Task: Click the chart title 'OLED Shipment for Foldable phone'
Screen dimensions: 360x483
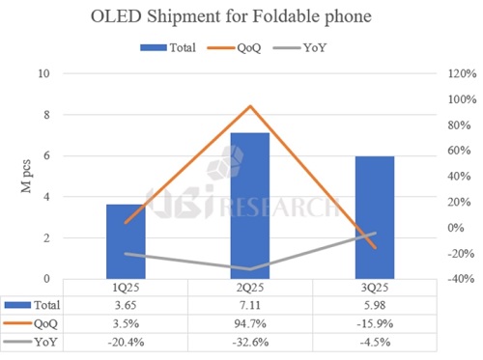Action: click(241, 16)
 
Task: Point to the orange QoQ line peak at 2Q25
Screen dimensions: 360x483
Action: click(249, 106)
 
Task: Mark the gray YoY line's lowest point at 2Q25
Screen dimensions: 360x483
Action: click(249, 269)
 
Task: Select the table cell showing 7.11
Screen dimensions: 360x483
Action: click(249, 304)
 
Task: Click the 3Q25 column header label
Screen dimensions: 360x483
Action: click(374, 288)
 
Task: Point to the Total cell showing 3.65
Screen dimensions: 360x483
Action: click(125, 304)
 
